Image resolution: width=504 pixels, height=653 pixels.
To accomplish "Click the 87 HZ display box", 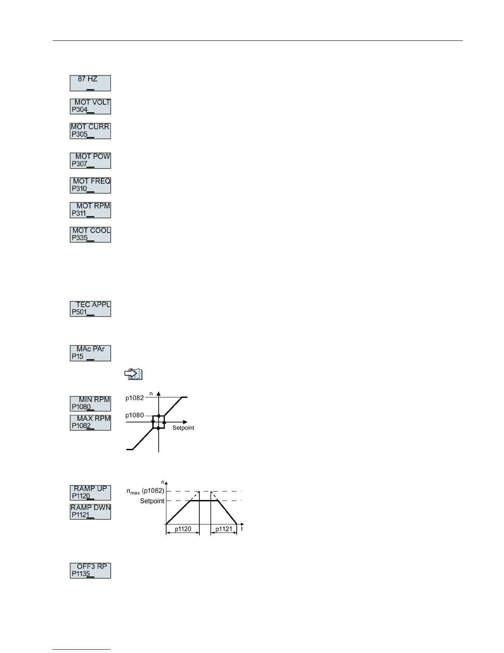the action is (x=90, y=83).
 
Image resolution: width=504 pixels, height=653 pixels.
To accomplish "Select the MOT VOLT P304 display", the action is (x=90, y=106).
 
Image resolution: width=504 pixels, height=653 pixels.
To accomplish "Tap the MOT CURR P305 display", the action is (x=90, y=131).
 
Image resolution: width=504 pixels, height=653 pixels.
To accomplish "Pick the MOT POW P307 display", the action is (x=90, y=160).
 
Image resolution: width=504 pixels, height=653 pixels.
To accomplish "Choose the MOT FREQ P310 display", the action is (x=90, y=185).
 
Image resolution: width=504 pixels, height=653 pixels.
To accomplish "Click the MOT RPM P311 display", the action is (x=90, y=210).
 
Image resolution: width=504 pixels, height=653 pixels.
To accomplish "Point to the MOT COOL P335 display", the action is (x=90, y=234).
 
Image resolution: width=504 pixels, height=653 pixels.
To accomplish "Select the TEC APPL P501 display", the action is (x=90, y=308).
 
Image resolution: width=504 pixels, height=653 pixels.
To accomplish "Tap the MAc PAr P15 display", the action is (x=90, y=353).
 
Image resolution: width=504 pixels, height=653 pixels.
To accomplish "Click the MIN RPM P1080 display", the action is (x=90, y=403).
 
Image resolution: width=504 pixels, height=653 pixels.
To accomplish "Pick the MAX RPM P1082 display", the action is (x=90, y=422).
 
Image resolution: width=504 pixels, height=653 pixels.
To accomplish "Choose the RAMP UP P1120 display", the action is (x=90, y=492).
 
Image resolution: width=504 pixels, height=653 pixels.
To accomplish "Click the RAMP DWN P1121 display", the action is (x=90, y=511).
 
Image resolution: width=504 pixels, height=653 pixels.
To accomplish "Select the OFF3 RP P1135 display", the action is (x=90, y=570).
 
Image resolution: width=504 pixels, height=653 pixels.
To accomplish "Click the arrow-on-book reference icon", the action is (x=133, y=374).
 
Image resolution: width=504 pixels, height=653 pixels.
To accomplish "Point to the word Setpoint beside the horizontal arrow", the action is (x=183, y=428).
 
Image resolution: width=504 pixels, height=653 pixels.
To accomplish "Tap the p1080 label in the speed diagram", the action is (x=135, y=415).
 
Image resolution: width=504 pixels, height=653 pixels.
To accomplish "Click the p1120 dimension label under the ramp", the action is (x=183, y=529).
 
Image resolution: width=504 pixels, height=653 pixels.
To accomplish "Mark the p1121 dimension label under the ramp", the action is (x=224, y=529).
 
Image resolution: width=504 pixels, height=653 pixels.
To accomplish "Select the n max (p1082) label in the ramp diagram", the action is (x=145, y=491).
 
